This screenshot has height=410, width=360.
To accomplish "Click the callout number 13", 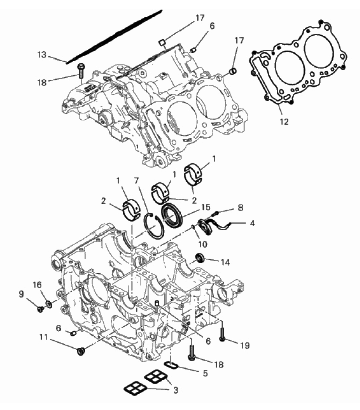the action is point(42,55).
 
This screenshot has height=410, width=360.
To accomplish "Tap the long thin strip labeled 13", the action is point(114,36).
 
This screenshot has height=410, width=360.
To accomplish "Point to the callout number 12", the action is point(284,122).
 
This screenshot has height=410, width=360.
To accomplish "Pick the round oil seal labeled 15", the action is point(171,214).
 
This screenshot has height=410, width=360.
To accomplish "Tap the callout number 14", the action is point(225,262).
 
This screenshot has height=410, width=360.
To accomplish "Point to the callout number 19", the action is point(245,345).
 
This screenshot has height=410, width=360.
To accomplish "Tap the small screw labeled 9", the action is point(40,309).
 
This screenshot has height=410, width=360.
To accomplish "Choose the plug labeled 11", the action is point(80,351).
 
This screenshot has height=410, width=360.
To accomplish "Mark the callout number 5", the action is point(205,373).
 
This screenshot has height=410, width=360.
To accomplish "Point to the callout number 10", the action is point(203,244).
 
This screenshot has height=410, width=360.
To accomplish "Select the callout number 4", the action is point(252,223).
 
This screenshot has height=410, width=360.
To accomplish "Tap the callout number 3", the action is point(176,391).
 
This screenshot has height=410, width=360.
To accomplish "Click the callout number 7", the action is point(136,181).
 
